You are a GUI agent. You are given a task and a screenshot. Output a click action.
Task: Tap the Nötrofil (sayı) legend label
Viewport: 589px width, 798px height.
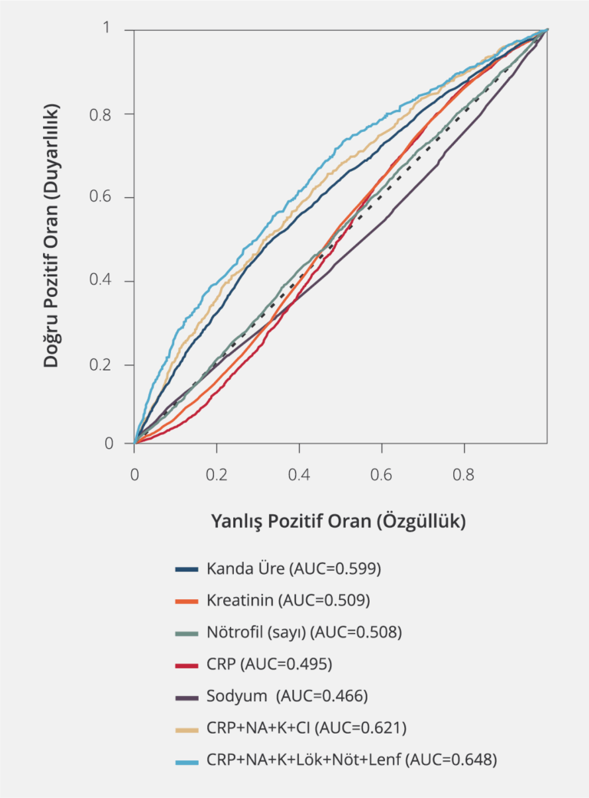pyautogui.click(x=304, y=632)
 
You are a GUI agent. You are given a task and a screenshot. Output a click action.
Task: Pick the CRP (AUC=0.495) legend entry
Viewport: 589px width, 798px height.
pyautogui.click(x=269, y=663)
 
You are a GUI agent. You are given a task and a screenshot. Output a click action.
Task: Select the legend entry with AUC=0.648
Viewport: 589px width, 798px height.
pyautogui.click(x=351, y=760)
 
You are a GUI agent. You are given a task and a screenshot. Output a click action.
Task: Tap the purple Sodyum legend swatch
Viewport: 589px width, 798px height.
pyautogui.click(x=187, y=697)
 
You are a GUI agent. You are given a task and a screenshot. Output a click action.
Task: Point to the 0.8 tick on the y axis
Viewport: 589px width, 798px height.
pyautogui.click(x=102, y=114)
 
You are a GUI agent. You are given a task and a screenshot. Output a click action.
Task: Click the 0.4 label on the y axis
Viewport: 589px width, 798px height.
pyautogui.click(x=102, y=281)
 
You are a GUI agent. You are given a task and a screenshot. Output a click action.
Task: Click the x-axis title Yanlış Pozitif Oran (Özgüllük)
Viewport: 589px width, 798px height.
pyautogui.click(x=338, y=522)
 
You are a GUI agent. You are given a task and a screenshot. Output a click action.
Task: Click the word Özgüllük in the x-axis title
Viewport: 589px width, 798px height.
pyautogui.click(x=422, y=522)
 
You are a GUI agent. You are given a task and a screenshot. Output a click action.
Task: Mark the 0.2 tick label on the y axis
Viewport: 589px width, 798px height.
pyautogui.click(x=102, y=364)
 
